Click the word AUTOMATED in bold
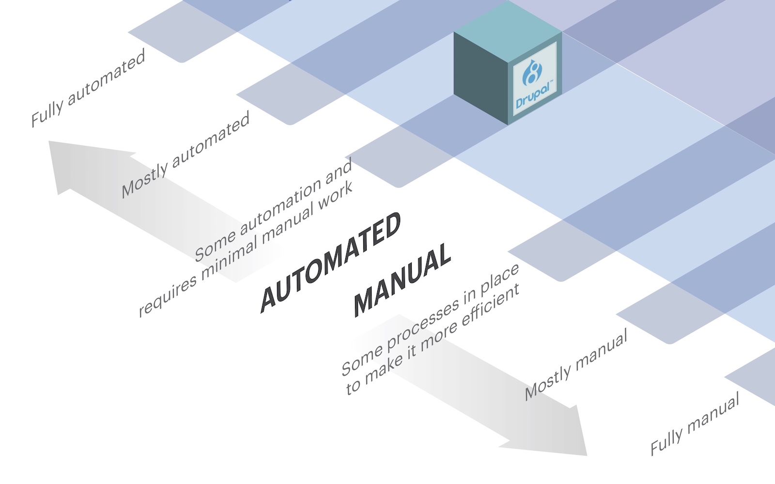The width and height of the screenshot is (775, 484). (331, 262)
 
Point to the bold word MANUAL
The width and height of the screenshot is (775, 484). (402, 281)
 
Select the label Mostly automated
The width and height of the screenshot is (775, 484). (186, 155)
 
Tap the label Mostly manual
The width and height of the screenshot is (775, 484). (576, 364)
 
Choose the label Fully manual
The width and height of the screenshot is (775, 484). (695, 423)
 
